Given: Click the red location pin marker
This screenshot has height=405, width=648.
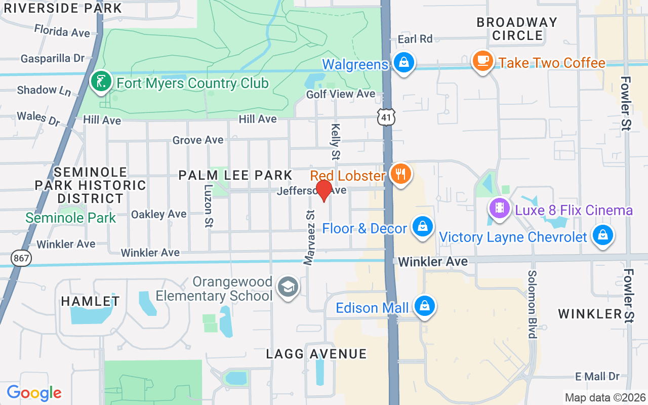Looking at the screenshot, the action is pyautogui.click(x=323, y=190).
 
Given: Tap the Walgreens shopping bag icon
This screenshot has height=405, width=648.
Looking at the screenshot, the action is pyautogui.click(x=403, y=63).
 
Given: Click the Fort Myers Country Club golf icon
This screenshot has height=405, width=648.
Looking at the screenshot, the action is pyautogui.click(x=101, y=81).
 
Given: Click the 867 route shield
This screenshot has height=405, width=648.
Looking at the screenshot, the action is pyautogui.click(x=21, y=258).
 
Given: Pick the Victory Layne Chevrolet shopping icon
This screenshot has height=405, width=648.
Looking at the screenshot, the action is pyautogui.click(x=602, y=235).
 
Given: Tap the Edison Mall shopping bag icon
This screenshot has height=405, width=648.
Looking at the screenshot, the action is pyautogui.click(x=424, y=306).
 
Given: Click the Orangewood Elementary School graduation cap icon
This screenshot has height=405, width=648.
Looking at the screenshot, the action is pyautogui.click(x=288, y=287).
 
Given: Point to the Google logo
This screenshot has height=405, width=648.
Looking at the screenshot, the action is pyautogui.click(x=34, y=392).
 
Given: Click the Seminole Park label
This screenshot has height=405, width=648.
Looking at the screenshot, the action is pyautogui.click(x=71, y=218).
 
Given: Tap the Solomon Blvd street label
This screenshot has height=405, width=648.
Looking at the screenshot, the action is pyautogui.click(x=532, y=304).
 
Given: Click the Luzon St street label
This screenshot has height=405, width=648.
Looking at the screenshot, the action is pyautogui.click(x=208, y=206).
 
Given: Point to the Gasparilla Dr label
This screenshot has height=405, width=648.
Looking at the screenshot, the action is pyautogui.click(x=53, y=59).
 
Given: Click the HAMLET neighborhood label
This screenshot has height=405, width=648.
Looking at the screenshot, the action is pyautogui.click(x=91, y=301).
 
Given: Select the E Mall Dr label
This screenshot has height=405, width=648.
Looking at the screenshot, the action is pyautogui.click(x=597, y=376).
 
